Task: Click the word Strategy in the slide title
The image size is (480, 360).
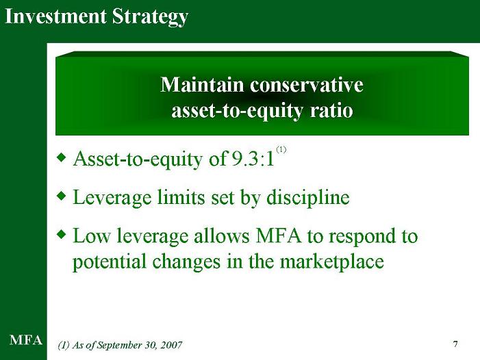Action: [150, 17]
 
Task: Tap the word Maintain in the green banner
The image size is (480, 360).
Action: [202, 84]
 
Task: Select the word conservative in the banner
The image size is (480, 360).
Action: [307, 85]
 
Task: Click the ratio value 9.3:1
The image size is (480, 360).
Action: [253, 159]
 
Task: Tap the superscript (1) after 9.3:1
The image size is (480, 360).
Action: [281, 150]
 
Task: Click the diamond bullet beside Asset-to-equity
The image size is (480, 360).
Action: [62, 157]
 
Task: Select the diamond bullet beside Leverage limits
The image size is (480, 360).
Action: [62, 196]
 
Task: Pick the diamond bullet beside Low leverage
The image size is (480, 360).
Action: [62, 235]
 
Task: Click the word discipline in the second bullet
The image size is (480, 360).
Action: [308, 198]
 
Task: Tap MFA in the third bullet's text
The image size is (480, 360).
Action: [279, 236]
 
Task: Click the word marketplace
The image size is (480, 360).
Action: [332, 262]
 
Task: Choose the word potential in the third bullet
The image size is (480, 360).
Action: [110, 262]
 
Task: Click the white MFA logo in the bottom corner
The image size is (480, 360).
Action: [26, 340]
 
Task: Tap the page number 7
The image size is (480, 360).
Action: [455, 344]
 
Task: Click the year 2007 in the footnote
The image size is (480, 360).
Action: [171, 345]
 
